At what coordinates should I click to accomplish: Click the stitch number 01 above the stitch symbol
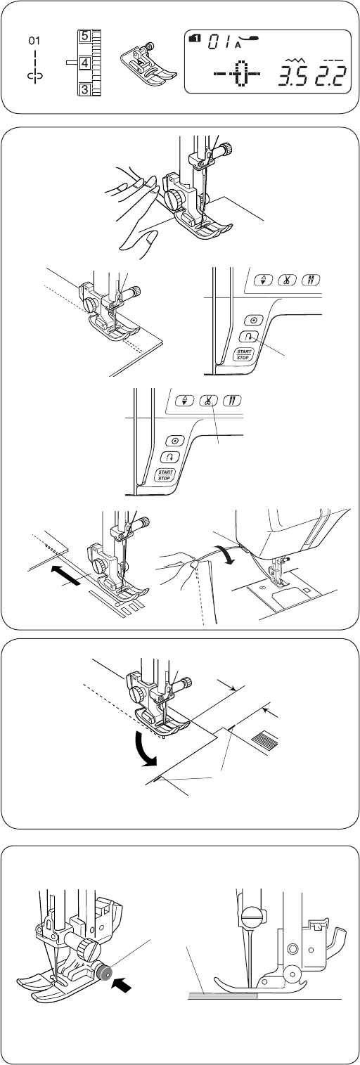[x=34, y=41]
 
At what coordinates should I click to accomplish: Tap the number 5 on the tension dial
[x=84, y=36]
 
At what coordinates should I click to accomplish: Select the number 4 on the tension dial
[x=84, y=63]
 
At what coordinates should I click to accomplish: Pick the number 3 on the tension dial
[x=84, y=89]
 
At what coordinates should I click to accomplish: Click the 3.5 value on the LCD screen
[x=292, y=76]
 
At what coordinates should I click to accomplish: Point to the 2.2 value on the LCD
[x=330, y=76]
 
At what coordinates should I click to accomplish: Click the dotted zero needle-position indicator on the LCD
[x=241, y=75]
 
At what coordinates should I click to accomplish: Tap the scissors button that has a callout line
[x=208, y=400]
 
